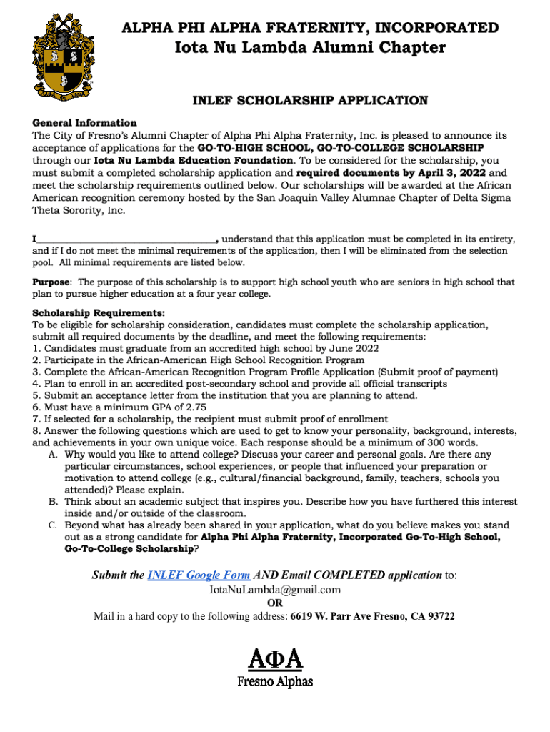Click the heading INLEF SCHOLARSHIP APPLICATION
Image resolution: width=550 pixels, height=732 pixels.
pyautogui.click(x=310, y=100)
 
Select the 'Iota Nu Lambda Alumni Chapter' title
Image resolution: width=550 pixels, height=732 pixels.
pyautogui.click(x=310, y=48)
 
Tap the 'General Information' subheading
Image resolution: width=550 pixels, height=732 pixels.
pyautogui.click(x=84, y=122)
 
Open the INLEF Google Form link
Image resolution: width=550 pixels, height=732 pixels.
pyautogui.click(x=199, y=575)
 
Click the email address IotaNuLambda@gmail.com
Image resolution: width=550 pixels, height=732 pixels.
pyautogui.click(x=274, y=590)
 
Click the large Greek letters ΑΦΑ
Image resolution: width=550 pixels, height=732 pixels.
pyautogui.click(x=275, y=656)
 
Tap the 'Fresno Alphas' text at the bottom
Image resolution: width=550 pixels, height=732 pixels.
pyautogui.click(x=275, y=681)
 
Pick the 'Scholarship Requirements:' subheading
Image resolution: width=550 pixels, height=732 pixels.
pyautogui.click(x=99, y=312)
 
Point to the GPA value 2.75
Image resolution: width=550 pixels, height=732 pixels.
pyautogui.click(x=181, y=407)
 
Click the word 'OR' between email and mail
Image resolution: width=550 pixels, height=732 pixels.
pyautogui.click(x=275, y=603)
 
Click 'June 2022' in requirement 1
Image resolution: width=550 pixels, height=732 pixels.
pyautogui.click(x=355, y=348)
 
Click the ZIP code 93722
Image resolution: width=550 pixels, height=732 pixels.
pyautogui.click(x=439, y=616)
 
